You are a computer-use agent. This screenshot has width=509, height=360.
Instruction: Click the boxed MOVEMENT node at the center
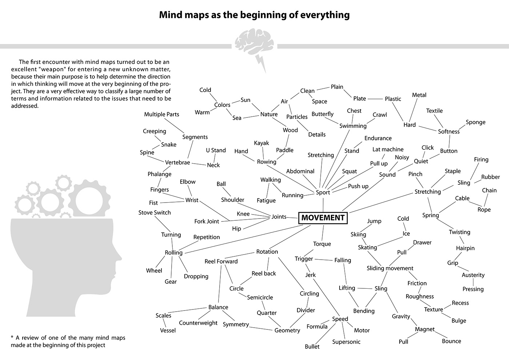323,218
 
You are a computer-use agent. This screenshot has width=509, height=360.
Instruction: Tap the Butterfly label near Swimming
322,114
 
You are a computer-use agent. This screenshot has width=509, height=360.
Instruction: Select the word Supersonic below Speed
346,342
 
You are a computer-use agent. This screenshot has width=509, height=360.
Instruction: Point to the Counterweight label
198,323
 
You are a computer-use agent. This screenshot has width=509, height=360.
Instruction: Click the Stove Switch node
155,213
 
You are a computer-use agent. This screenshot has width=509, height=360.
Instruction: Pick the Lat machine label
388,149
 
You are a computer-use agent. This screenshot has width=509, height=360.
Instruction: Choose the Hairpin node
465,248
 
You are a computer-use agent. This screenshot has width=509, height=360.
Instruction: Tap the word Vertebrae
177,163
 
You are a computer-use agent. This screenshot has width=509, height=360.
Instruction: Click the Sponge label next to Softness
476,122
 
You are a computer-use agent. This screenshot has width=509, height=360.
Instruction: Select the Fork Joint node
207,221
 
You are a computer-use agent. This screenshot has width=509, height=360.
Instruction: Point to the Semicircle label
260,297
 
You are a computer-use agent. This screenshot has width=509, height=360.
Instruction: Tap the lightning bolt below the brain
261,63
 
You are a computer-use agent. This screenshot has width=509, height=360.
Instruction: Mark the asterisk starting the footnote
12,337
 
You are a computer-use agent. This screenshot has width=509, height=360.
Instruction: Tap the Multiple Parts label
161,115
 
